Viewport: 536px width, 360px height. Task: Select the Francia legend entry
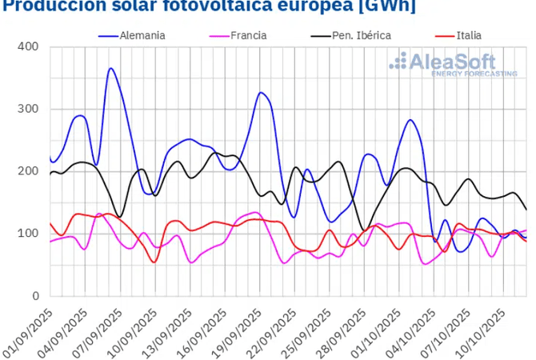point(246,35)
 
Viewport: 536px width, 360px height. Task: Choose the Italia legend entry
point(468,35)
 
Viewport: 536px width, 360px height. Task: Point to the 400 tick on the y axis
point(28,46)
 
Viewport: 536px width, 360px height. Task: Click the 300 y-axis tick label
point(28,109)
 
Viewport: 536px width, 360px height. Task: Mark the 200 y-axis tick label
point(28,171)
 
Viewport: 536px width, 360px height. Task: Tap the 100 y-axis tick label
point(28,234)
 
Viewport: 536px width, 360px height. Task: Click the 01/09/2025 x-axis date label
point(28,326)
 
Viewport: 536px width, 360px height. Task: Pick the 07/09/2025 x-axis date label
point(98,326)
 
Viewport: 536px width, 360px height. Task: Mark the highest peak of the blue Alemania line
point(110,69)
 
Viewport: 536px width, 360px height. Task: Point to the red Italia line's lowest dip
point(154,262)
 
